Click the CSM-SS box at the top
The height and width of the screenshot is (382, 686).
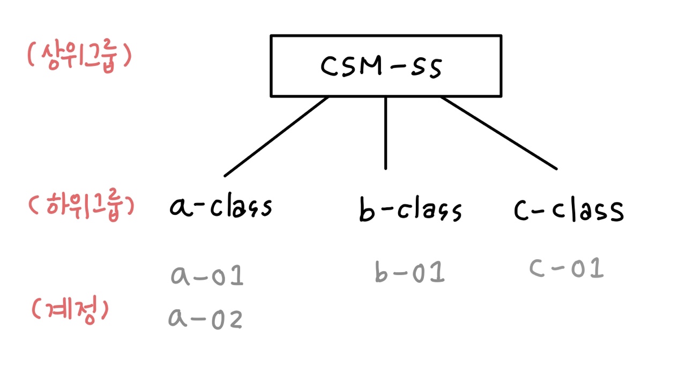click(386, 66)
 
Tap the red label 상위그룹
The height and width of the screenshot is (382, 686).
click(79, 57)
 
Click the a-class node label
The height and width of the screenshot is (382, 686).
click(221, 206)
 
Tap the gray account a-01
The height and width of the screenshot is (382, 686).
click(207, 275)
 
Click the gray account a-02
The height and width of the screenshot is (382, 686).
click(205, 318)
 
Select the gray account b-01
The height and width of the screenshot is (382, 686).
click(410, 272)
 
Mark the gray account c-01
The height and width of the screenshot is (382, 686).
click(566, 268)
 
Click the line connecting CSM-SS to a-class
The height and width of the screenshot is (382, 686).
click(277, 136)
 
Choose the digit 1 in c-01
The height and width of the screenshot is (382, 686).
click(595, 268)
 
